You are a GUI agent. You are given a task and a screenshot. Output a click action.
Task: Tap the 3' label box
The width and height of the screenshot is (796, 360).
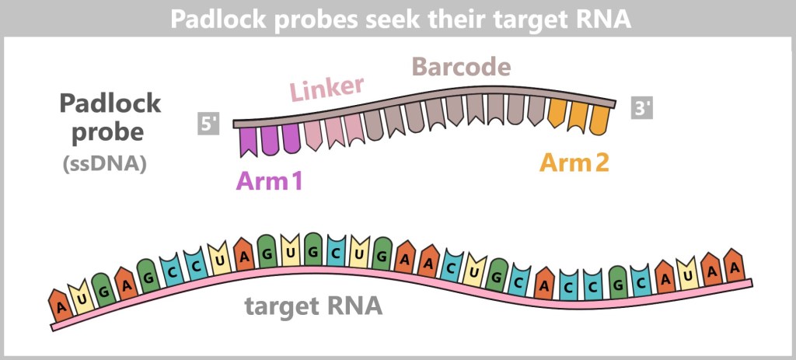pyautogui.click(x=642, y=108)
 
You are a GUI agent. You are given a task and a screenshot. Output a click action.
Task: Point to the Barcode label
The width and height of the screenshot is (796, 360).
pyautogui.click(x=461, y=67)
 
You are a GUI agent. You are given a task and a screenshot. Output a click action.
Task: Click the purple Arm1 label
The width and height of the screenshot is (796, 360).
pyautogui.click(x=269, y=182)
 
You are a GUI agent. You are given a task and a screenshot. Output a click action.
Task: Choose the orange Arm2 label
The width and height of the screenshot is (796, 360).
pyautogui.click(x=574, y=163)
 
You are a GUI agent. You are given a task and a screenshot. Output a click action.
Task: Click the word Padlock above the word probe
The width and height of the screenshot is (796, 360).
pyautogui.click(x=110, y=103)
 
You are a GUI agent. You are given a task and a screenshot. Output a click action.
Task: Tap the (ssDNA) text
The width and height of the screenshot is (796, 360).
pyautogui.click(x=109, y=164)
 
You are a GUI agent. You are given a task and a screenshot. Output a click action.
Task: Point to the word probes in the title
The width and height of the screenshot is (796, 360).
pyautogui.click(x=302, y=19)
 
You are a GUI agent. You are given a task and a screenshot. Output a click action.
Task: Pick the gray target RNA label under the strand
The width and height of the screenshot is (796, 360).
pyautogui.click(x=314, y=306)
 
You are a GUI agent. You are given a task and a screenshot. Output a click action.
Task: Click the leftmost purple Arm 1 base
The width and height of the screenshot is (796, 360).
pyautogui.click(x=248, y=141)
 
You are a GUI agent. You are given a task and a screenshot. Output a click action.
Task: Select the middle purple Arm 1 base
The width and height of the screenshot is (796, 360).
pyautogui.click(x=269, y=138)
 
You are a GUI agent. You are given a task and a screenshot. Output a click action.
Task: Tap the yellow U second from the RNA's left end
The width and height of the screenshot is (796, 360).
pyautogui.click(x=81, y=295)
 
